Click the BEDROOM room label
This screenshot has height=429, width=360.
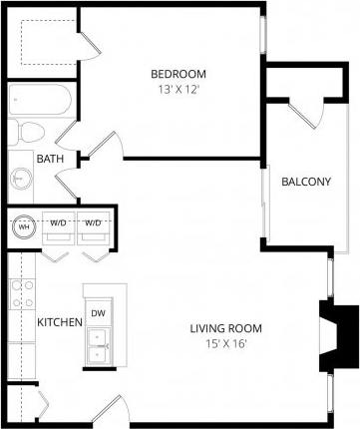pos(178,74)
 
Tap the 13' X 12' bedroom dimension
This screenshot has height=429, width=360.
pos(178,89)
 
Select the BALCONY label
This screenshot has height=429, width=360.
pos(306,182)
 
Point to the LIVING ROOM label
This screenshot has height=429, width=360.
pos(226,328)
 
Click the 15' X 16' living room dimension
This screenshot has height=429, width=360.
pos(226,344)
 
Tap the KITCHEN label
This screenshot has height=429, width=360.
pos(59,323)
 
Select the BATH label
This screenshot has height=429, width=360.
pos(50,159)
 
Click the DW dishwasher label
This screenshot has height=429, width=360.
pos(98,313)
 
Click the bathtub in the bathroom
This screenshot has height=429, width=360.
pos(37,101)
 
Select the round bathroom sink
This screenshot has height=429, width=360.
pos(22,179)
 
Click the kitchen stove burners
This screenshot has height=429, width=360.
pos(22,295)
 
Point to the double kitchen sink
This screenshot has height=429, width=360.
pos(99,347)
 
